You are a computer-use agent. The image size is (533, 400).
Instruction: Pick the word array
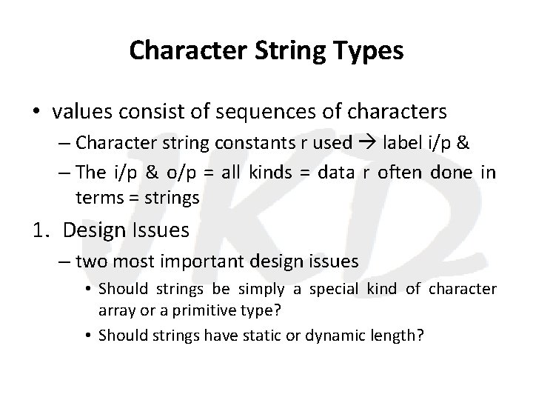coord(115,307)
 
